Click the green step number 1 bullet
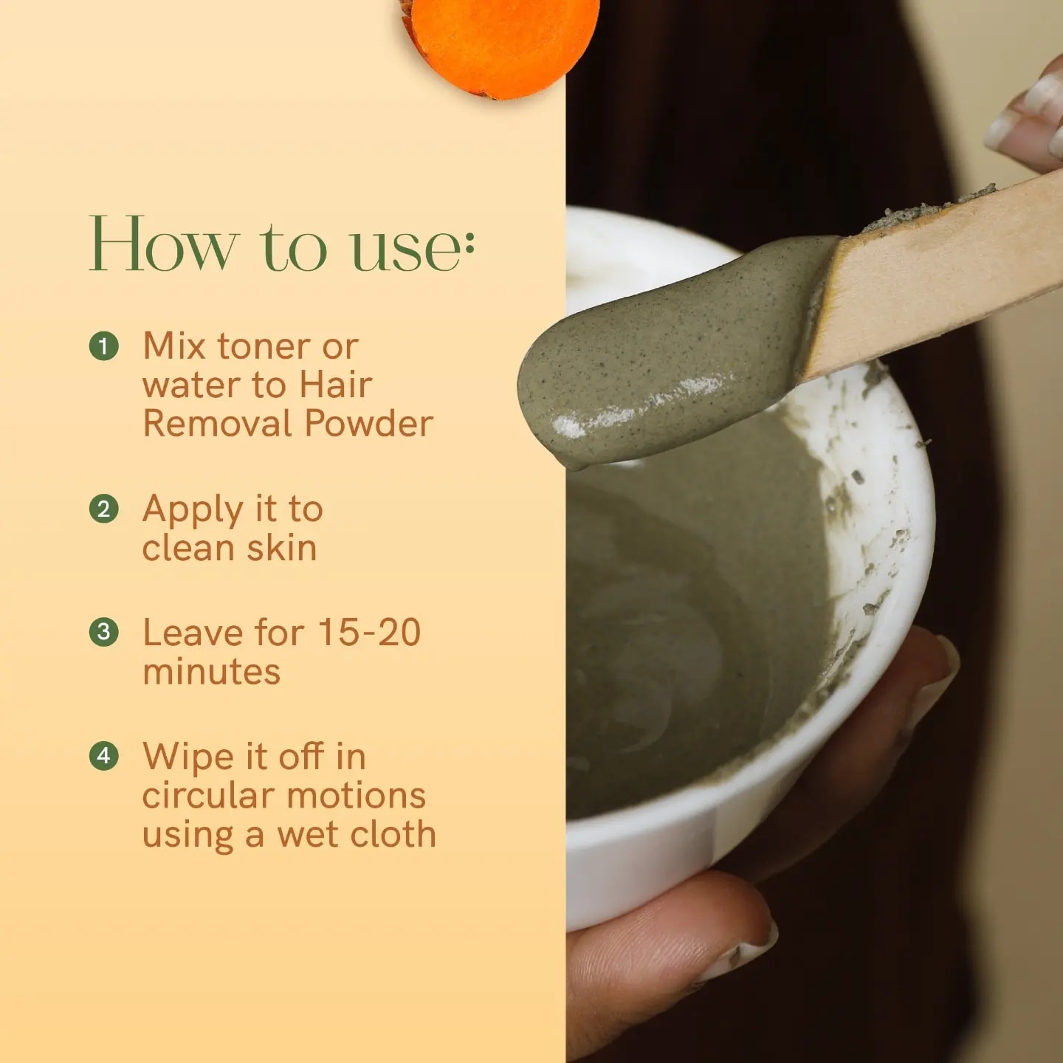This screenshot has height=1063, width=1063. (x=103, y=346)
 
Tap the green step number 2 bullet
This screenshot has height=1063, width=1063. (x=103, y=509)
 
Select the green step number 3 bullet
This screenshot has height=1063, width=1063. (x=103, y=632)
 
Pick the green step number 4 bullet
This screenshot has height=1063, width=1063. (x=103, y=755)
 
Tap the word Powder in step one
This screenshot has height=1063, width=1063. (x=368, y=424)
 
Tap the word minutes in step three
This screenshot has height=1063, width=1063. (x=211, y=671)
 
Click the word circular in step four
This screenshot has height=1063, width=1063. (x=208, y=795)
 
